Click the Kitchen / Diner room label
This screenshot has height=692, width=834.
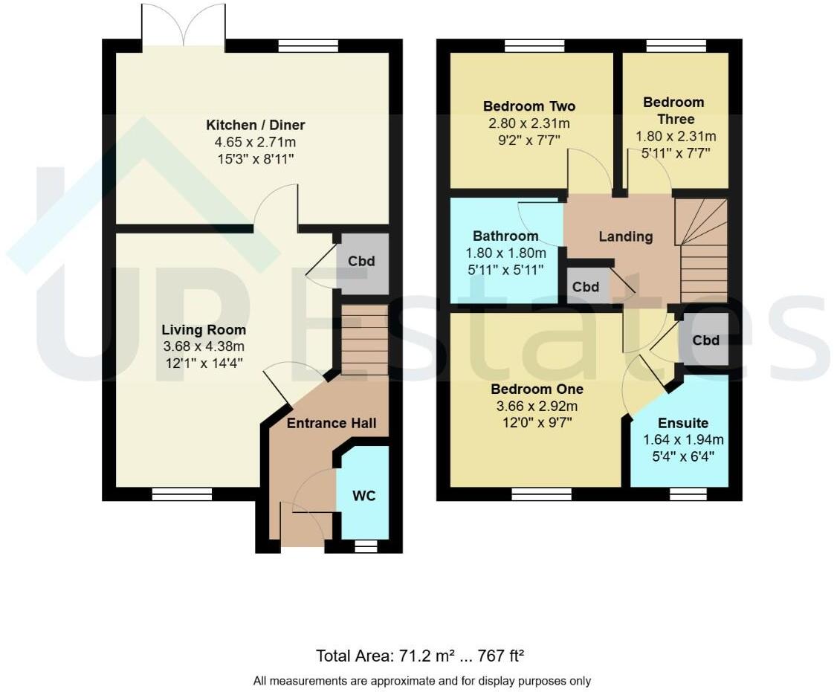[x=256, y=125]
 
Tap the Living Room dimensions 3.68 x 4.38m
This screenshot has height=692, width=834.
[x=204, y=346]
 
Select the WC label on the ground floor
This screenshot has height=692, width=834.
[x=363, y=496]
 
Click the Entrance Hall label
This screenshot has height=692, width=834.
[x=332, y=423]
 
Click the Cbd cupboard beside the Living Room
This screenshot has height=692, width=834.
[x=362, y=262]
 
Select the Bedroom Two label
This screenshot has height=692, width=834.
[x=528, y=106]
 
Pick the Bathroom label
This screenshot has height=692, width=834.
[x=505, y=237]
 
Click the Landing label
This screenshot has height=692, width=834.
[x=626, y=237]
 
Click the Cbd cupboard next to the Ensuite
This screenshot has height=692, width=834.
[x=705, y=340]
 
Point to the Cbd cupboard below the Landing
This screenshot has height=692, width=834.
[x=586, y=287]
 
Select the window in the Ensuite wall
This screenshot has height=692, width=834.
[x=688, y=494]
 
